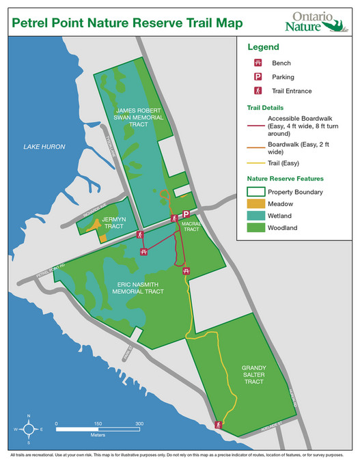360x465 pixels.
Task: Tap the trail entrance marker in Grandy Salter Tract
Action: click(x=219, y=425)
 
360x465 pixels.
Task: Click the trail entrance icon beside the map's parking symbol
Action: click(x=174, y=218)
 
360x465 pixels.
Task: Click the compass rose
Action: click(x=28, y=429)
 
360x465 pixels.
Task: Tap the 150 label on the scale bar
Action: click(x=98, y=423)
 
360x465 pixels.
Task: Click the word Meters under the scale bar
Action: click(x=97, y=434)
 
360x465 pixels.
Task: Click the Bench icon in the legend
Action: click(x=258, y=63)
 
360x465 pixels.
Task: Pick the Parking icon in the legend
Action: click(x=258, y=76)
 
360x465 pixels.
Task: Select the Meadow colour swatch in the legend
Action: click(x=254, y=203)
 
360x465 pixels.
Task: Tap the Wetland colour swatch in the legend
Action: click(x=254, y=216)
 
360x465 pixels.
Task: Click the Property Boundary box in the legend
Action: click(x=254, y=192)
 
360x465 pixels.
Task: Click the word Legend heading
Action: click(x=263, y=47)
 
